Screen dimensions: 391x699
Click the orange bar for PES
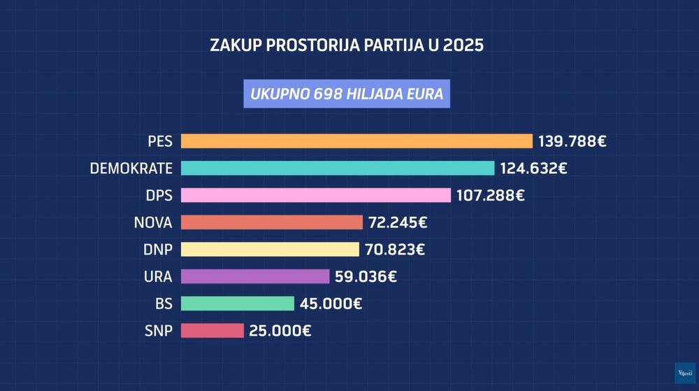coord(356,141)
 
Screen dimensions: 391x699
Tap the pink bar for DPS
coord(316,195)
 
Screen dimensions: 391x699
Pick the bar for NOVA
coord(272,222)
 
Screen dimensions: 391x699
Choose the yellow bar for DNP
coord(270,249)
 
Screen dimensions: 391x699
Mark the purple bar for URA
coord(255,276)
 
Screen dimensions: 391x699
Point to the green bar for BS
coord(238,303)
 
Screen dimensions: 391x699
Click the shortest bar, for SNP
coord(212,330)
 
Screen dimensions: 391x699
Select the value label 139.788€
coord(572,141)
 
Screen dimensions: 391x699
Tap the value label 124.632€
coord(533,168)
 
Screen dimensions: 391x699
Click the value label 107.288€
coord(490,195)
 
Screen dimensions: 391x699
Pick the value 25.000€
coord(280,330)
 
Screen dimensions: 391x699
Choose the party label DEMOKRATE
coord(131,169)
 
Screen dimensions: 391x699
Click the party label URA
coord(157,276)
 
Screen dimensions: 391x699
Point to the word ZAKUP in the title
coord(235,46)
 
